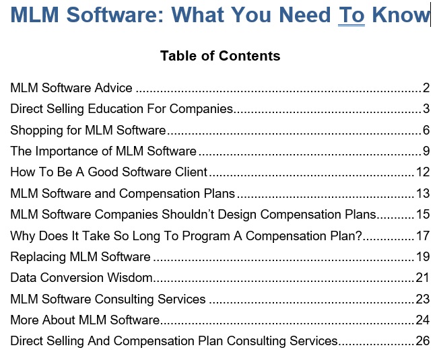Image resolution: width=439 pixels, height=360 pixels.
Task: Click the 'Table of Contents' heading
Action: point(220,56)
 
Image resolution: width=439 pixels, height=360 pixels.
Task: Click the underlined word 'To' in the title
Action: point(351,15)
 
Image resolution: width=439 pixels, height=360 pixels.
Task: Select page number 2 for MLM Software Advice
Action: point(426,88)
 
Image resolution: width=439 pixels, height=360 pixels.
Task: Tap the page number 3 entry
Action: point(426,109)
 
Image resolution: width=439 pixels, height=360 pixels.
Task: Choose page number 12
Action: point(423,172)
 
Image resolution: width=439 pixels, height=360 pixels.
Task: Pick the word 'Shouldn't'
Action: point(189,215)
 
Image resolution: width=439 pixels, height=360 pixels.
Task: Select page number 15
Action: point(423,215)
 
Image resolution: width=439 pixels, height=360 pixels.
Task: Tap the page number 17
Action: point(423,236)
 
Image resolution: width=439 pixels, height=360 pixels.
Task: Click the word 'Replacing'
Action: point(38,257)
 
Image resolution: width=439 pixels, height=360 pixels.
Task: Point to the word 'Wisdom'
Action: point(130,278)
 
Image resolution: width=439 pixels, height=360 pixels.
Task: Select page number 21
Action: point(423,278)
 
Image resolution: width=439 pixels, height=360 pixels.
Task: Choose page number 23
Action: point(423,299)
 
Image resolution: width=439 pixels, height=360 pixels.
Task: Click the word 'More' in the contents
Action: point(25,320)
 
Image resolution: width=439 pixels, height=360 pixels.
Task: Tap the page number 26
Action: point(423,341)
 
